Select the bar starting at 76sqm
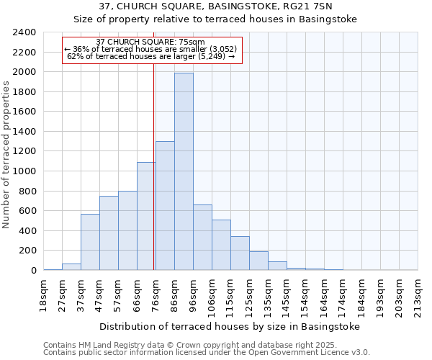click(x=165, y=206)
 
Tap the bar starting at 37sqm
click(x=90, y=242)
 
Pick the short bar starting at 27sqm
click(x=71, y=267)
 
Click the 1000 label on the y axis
click(x=25, y=171)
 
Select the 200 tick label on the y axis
click(x=28, y=251)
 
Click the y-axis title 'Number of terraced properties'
click(x=7, y=154)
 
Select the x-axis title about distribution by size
click(x=229, y=326)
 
